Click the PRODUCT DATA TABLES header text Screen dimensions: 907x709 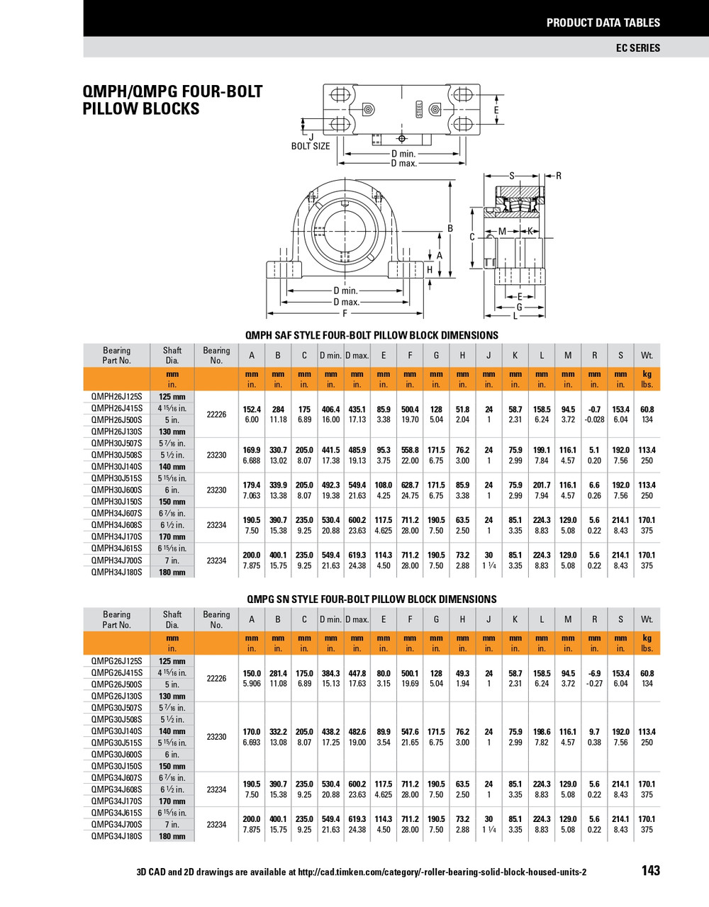pos(603,23)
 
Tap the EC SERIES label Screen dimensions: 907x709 pos(637,47)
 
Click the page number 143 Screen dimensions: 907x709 pos(650,871)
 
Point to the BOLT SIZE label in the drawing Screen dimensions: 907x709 pos(311,146)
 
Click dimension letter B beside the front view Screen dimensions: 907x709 pos(450,228)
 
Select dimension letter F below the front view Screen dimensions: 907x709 pos(345,313)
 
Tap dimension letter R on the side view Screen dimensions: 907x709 pos(558,176)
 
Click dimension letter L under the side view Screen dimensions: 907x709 pos(515,316)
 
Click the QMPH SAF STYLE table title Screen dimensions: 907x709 pos(372,335)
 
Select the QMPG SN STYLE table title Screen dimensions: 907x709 pos(372,599)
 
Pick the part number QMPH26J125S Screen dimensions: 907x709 pos(116,397)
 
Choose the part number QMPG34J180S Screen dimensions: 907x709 pos(116,836)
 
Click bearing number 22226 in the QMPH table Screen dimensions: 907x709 pos(216,415)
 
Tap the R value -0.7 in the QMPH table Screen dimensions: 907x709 pos(594,410)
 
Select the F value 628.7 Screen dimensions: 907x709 pos(410,485)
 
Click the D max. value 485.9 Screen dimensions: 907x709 pos(357,450)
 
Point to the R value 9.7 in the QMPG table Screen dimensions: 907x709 pos(594,732)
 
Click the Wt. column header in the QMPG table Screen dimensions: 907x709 pos(647,619)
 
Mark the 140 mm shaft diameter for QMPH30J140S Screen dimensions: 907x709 pos(172,467)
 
